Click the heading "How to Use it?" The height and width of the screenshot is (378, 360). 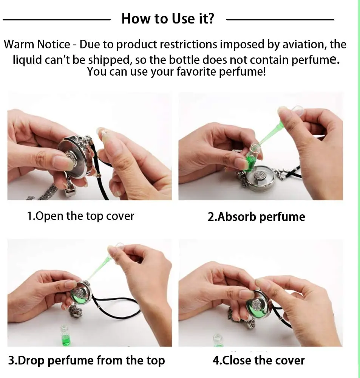(168, 19)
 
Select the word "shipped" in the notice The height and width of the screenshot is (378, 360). (110, 60)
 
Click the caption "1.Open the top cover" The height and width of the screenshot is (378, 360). (80, 216)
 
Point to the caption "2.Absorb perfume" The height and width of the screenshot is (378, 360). (256, 217)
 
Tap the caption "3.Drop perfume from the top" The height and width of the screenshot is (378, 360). (87, 360)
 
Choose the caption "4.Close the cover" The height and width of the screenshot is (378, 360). (258, 360)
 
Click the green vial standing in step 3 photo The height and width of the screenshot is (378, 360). (65, 336)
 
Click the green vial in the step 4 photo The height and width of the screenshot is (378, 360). (218, 341)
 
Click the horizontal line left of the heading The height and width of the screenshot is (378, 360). (57, 20)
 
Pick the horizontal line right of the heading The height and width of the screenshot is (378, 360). (280, 20)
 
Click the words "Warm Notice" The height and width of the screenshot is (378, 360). (37, 44)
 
